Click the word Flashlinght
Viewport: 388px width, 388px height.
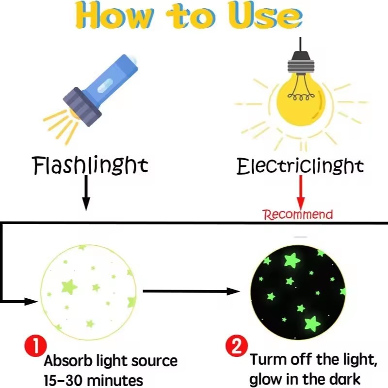coord(90,165)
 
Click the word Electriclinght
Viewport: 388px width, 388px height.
coord(300,166)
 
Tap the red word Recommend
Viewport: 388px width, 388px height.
coord(298,214)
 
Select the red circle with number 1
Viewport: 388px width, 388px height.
coord(35,346)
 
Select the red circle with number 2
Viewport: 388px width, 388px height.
coord(237,346)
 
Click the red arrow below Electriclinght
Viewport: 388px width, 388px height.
coord(301,192)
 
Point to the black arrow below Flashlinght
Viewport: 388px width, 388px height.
coord(86,193)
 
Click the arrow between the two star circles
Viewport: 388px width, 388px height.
coord(191,291)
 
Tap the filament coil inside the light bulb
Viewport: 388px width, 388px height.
coord(301,97)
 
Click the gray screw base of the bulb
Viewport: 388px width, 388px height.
coord(301,66)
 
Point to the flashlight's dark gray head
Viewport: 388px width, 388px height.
coord(82,107)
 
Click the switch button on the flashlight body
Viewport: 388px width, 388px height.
coord(105,86)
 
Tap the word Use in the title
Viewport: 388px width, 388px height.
coord(265,16)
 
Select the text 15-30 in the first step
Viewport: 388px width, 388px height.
coord(63,380)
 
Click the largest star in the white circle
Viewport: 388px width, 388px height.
coord(69,287)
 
